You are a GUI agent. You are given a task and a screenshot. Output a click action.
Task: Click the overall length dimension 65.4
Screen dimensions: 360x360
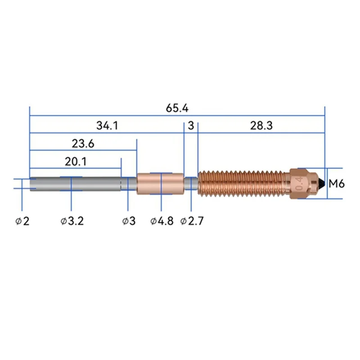[x=177, y=108]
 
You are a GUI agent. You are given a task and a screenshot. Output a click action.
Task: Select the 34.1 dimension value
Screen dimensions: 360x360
[x=107, y=126]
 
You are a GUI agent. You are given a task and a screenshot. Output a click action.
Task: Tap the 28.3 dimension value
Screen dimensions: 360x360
[x=261, y=126]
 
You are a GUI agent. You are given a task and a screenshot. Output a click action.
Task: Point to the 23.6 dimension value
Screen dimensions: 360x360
[x=83, y=144]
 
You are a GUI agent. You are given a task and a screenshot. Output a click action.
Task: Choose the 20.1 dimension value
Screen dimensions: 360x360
[x=76, y=161]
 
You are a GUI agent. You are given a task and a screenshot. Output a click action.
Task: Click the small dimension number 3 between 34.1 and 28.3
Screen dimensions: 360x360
[x=191, y=126]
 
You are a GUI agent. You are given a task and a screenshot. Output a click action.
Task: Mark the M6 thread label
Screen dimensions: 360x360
[x=337, y=184]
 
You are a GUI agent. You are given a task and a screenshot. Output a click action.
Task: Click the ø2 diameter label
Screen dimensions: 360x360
[x=22, y=221]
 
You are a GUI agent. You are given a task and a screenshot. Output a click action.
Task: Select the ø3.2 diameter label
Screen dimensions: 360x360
[x=72, y=221]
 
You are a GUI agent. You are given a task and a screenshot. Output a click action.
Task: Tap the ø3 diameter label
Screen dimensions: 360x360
[x=129, y=221]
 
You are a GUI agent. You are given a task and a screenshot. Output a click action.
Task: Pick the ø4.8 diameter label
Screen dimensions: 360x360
[x=162, y=221]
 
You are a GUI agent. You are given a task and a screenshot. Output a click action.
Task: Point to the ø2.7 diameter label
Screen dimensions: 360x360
[x=192, y=221]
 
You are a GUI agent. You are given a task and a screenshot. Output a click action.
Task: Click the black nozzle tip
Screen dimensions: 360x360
[x=322, y=184]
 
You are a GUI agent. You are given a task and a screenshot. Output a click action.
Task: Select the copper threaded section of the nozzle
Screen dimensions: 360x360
[x=243, y=184]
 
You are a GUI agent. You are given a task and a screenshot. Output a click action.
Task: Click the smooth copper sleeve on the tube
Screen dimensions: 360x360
[x=160, y=184]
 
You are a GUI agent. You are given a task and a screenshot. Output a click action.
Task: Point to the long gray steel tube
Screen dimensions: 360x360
[x=76, y=184]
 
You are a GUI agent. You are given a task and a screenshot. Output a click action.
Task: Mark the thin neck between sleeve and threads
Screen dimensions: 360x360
[x=191, y=184]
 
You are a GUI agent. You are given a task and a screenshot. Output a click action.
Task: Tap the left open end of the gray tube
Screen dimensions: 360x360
[x=31, y=184]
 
